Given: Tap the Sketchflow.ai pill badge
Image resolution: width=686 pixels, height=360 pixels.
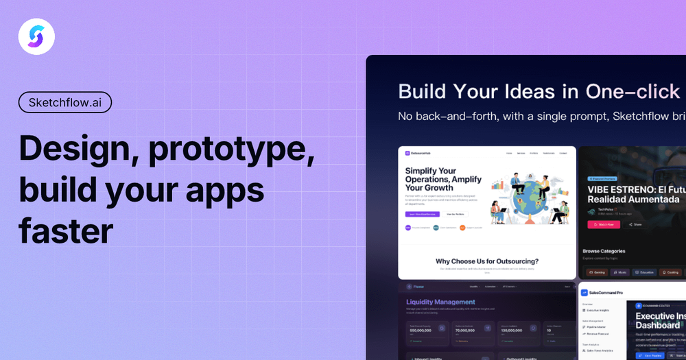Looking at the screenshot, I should click(65, 103).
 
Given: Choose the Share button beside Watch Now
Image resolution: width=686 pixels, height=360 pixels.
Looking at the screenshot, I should click(635, 224).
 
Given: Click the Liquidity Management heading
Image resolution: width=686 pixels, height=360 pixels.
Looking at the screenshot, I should click(440, 302).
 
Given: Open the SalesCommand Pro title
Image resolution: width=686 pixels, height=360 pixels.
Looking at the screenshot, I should click(606, 293).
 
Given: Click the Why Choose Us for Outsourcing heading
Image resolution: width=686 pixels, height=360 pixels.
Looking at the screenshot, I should click(487, 261).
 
